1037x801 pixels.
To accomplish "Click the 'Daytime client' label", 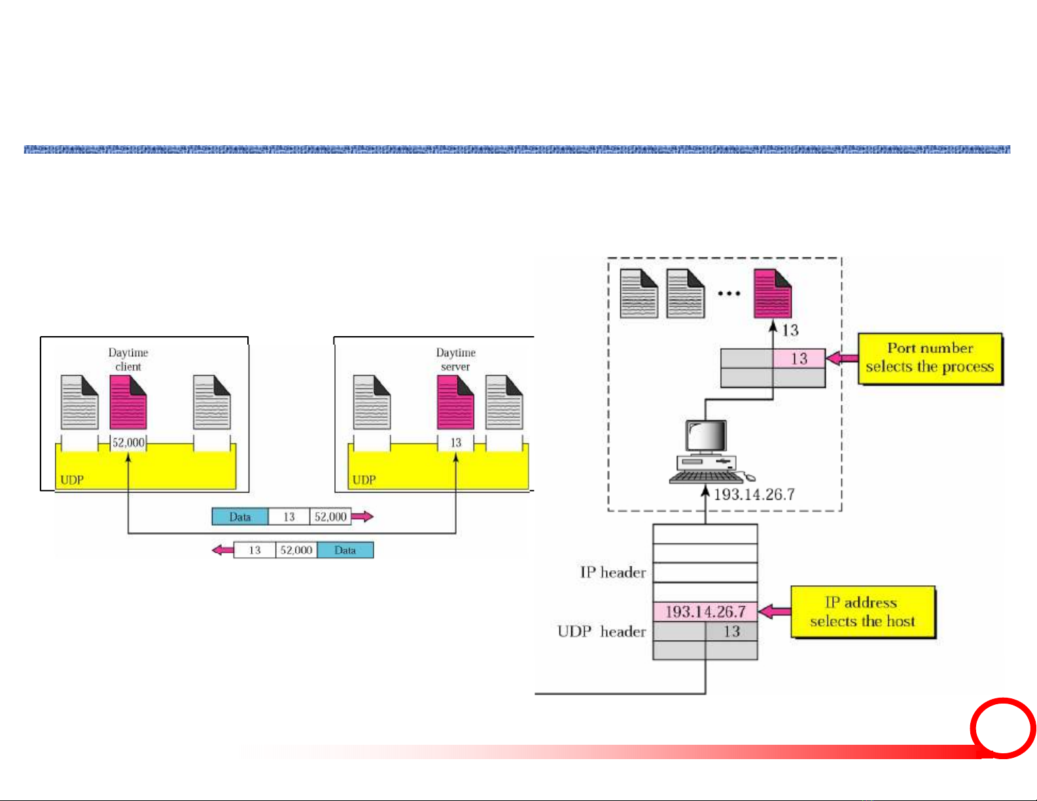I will click(x=128, y=360).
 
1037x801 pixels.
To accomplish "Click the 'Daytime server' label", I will click(x=456, y=360).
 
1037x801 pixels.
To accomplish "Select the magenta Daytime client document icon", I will click(x=128, y=402).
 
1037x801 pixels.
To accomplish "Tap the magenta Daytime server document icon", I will click(x=455, y=402).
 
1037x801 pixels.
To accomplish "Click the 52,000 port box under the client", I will click(x=128, y=443).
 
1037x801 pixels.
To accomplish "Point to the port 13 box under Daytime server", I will click(x=456, y=443).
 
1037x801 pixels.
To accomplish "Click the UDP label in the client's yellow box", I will click(x=72, y=480).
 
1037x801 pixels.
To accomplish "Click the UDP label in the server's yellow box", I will click(x=364, y=480).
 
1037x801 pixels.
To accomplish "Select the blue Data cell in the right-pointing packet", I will click(x=240, y=517).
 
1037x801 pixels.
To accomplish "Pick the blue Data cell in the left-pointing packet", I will click(x=345, y=550).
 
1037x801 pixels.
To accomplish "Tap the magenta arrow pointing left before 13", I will click(x=222, y=550).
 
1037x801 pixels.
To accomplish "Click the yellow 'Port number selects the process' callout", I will click(x=930, y=358).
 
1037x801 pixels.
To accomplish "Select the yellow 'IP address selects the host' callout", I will click(x=863, y=612).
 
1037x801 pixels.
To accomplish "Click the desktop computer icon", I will click(x=706, y=452).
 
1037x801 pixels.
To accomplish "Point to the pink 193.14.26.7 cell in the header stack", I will click(x=705, y=612).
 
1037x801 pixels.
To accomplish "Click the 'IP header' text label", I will click(x=613, y=573).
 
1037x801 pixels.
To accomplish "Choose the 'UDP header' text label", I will click(x=602, y=632).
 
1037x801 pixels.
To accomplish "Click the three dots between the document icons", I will click(x=729, y=294).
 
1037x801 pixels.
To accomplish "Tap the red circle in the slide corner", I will click(x=1002, y=728).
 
